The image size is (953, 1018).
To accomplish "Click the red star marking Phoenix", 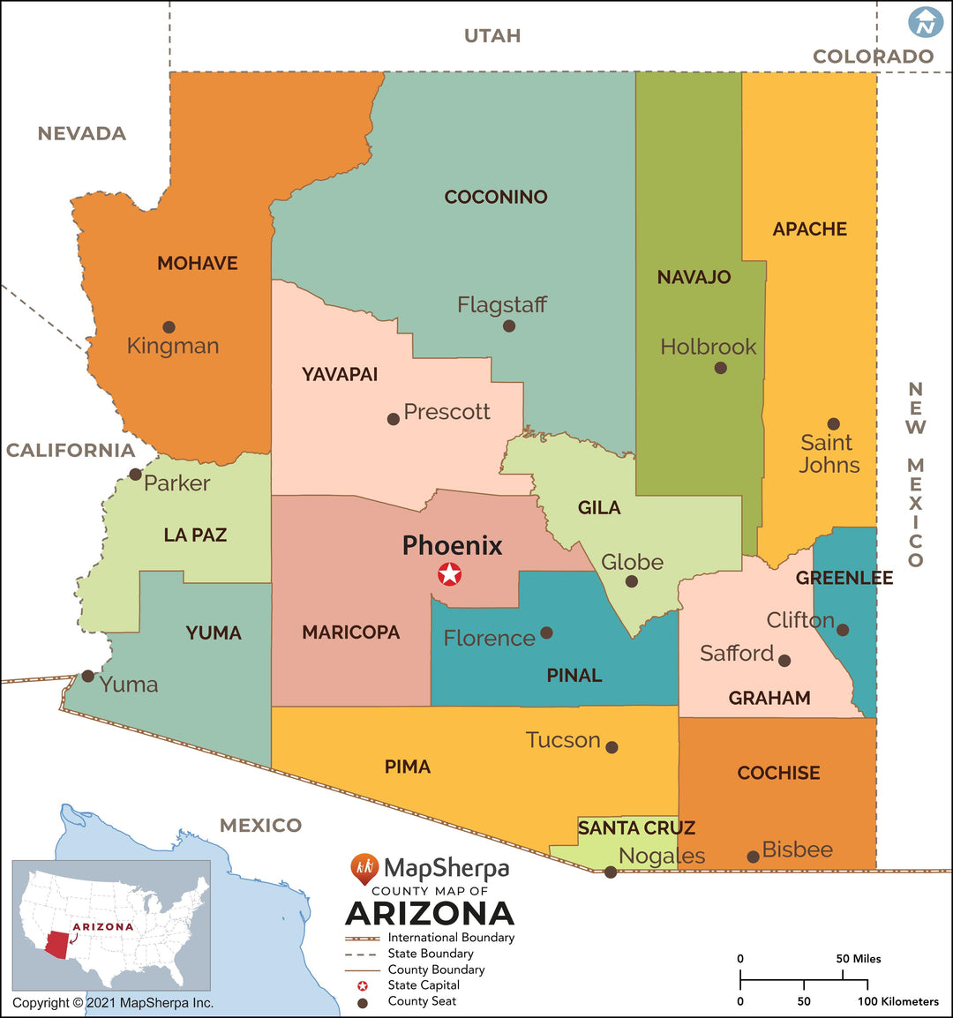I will point(450,575).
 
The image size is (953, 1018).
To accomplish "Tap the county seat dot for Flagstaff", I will point(509,326).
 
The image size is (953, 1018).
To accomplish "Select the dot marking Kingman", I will point(169,327).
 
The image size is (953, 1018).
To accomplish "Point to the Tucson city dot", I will point(612,747).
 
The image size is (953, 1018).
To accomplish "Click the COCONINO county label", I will point(496,197).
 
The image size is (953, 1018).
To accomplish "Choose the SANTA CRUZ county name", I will point(636,827).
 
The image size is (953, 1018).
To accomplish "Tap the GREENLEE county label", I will point(844,578).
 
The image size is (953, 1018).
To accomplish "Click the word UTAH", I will point(492,36).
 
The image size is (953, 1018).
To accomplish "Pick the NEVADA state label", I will point(81,134).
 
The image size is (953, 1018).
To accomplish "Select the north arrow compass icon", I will point(926,22).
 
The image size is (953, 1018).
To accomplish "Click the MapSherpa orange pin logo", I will point(364,869).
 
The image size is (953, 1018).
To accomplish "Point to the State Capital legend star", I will point(362,985).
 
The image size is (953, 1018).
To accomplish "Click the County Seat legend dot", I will point(362,1002).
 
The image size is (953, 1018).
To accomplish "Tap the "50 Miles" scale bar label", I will point(859,959).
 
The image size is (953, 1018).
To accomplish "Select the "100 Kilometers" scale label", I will point(897,1001).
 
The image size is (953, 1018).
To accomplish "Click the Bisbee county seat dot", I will point(753,857).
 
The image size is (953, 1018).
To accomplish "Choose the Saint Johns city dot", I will point(833,424).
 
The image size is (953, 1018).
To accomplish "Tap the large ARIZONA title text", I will point(430,913).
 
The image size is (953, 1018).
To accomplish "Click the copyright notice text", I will point(113,1003).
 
